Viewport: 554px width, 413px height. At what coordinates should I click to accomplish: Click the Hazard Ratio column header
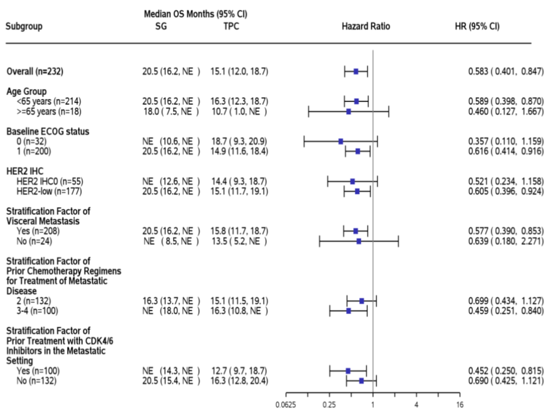[x=366, y=26]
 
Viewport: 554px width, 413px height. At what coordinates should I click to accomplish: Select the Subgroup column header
[x=24, y=26]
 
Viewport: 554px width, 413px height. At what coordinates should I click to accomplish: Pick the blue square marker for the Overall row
[x=356, y=71]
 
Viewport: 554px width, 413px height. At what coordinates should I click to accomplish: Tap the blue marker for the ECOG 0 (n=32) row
[x=340, y=141]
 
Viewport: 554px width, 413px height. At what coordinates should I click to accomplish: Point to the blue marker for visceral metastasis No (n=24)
[x=359, y=241]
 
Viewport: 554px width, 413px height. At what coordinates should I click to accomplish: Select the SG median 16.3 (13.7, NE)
[x=171, y=301]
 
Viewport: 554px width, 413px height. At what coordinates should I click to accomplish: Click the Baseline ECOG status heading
[x=48, y=131]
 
